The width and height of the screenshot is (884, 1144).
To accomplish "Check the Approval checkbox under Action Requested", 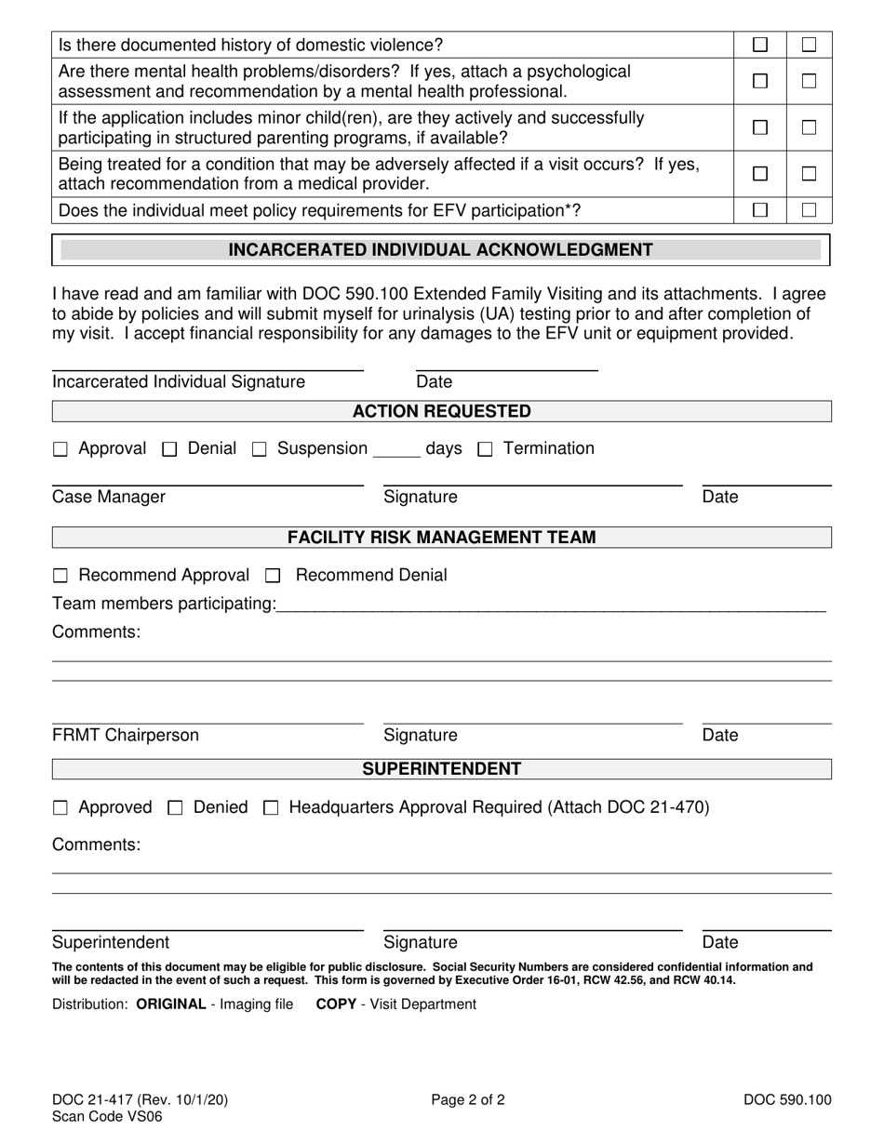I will pyautogui.click(x=60, y=450).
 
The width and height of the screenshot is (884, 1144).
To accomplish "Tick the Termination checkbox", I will pyautogui.click(x=485, y=450).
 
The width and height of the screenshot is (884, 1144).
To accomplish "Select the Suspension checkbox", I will pyautogui.click(x=260, y=450).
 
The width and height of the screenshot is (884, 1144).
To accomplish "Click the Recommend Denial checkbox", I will pyautogui.click(x=273, y=577).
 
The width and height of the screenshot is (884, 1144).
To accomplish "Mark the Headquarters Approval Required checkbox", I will pyautogui.click(x=271, y=809).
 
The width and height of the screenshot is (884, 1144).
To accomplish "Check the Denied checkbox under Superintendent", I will pyautogui.click(x=175, y=809).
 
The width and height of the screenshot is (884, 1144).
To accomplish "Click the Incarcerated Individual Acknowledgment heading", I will pyautogui.click(x=440, y=250).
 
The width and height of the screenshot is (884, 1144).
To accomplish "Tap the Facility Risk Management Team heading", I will pyautogui.click(x=441, y=538).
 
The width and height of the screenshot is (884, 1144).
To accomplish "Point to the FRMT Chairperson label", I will pyautogui.click(x=126, y=736).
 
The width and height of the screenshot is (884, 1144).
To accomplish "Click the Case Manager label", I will pyautogui.click(x=109, y=497).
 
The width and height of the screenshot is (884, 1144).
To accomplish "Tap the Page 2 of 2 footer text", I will pyautogui.click(x=468, y=1100).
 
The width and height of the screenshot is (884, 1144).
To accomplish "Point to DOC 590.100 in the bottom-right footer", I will pyautogui.click(x=787, y=1100).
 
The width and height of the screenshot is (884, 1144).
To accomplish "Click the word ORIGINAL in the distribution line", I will pyautogui.click(x=170, y=1004).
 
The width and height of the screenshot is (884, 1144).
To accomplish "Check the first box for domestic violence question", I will pyautogui.click(x=760, y=45).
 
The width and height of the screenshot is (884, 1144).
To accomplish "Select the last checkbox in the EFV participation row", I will pyautogui.click(x=810, y=210).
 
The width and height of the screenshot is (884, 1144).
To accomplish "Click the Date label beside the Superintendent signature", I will pyautogui.click(x=719, y=942).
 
